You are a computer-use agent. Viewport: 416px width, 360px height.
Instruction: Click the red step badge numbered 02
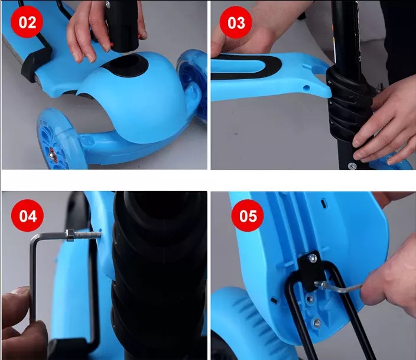click(27, 22)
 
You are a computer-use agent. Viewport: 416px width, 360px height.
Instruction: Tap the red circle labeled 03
click(236, 22)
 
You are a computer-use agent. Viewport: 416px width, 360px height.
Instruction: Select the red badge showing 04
click(27, 215)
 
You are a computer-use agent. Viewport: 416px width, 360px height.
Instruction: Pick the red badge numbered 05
click(248, 215)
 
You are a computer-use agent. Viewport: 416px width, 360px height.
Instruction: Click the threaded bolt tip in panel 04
click(99, 234)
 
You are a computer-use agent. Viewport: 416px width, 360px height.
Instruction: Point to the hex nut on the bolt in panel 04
click(70, 235)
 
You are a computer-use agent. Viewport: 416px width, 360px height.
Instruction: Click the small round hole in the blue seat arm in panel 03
click(307, 87)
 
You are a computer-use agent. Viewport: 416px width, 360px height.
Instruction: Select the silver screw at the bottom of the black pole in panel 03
click(352, 166)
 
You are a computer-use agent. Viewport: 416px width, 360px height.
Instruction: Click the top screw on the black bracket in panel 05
click(313, 258)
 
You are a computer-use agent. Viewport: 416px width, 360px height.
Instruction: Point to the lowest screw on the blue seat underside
click(317, 323)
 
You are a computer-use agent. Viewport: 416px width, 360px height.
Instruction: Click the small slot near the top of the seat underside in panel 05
click(324, 203)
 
